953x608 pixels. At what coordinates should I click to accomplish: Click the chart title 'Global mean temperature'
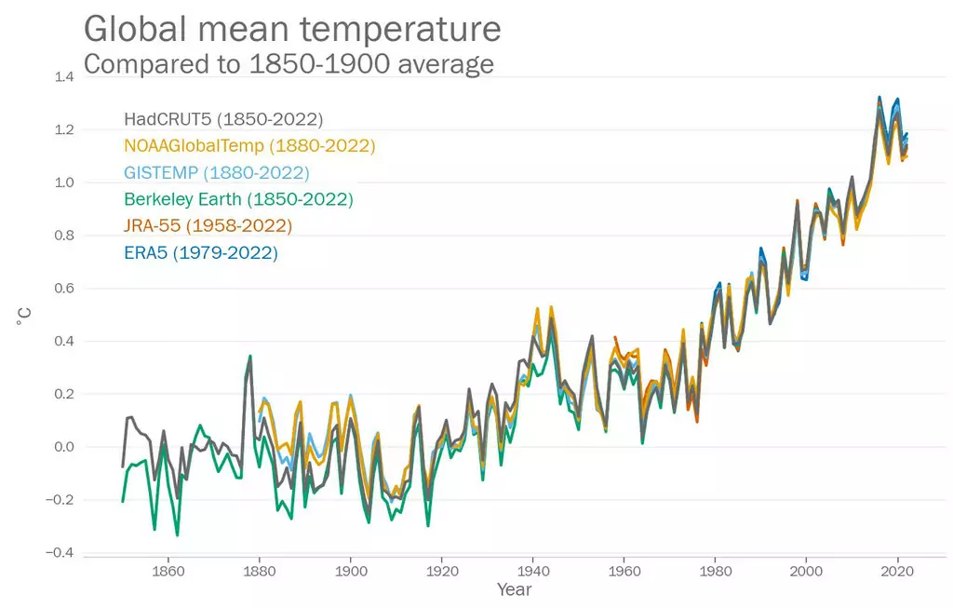coord(292,29)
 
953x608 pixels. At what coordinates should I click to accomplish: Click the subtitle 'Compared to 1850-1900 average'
coord(289,64)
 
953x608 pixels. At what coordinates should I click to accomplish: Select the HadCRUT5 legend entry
coord(223,119)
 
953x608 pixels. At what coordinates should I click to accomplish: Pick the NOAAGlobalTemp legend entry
coord(249,146)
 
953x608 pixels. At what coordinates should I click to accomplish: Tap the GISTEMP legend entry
coord(217,173)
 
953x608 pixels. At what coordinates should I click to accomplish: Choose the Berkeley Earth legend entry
coord(238,199)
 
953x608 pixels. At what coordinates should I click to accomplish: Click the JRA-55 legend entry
coord(208,226)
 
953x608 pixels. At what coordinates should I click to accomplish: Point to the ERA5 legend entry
coord(201,252)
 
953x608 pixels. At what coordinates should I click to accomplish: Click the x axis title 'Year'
coord(515,590)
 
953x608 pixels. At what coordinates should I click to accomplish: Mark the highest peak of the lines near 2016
coord(879,97)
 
